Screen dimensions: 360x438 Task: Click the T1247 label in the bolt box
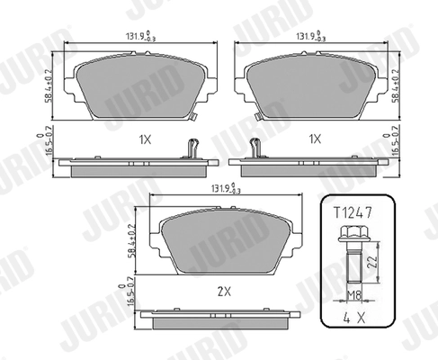click(357, 213)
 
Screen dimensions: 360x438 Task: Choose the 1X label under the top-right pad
click(314, 140)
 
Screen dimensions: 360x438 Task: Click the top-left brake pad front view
click(136, 88)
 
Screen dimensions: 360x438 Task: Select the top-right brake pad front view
click(314, 88)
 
